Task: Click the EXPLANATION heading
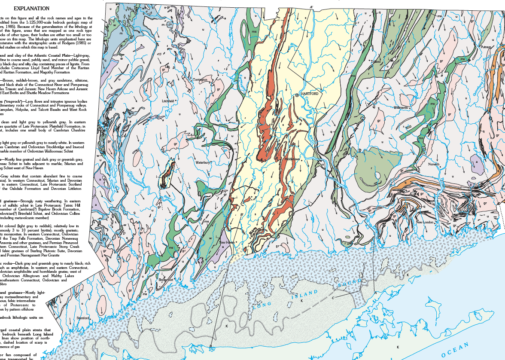[31, 8]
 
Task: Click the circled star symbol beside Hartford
[297, 95]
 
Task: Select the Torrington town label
[200, 80]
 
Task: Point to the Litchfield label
[167, 101]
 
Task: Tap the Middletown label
[292, 159]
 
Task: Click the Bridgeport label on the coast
[166, 280]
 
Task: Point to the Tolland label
[376, 62]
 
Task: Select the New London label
[425, 222]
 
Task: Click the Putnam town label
[486, 47]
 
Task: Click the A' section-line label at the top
[312, 6]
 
